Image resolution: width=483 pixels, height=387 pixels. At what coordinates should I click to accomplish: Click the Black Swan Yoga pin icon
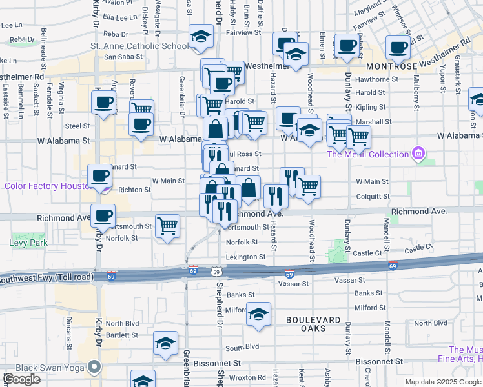[x=94, y=368]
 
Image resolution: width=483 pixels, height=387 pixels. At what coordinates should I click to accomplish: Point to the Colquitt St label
[x=372, y=197]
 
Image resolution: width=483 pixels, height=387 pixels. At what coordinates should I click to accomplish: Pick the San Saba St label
[x=118, y=57]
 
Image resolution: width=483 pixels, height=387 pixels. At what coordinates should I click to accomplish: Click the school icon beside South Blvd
[x=166, y=344]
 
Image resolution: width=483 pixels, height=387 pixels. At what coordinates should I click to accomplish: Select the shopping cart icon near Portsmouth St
[x=168, y=226]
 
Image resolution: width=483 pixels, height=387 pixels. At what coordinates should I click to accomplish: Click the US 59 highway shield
[x=220, y=273]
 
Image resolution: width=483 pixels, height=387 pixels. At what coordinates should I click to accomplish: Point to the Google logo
[x=21, y=379]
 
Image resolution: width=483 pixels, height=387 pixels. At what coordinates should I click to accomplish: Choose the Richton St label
[x=134, y=190]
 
